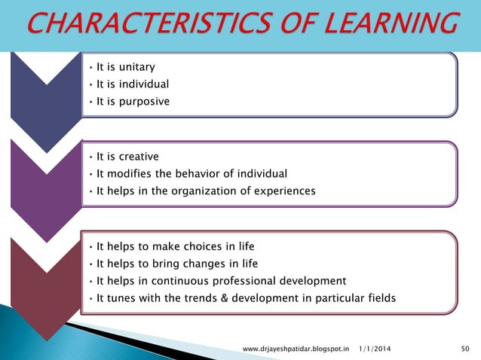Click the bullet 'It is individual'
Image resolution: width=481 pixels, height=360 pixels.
(132, 84)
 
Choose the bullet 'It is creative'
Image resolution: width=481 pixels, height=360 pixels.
(127, 157)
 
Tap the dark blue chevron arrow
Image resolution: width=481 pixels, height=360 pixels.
(45, 98)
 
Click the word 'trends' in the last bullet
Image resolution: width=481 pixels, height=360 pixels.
(220, 298)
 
